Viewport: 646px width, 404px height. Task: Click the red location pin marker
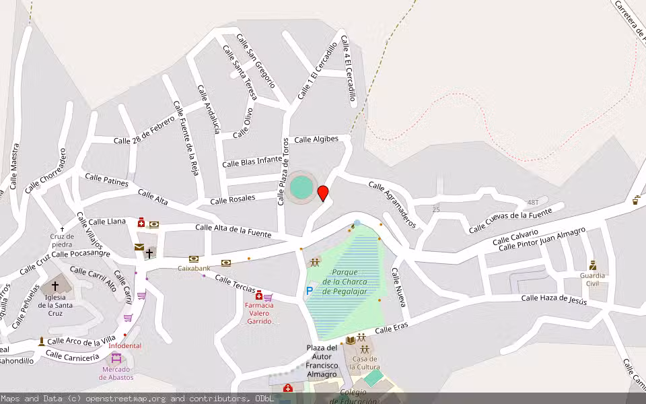click(323, 193)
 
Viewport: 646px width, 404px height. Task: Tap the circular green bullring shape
click(301, 187)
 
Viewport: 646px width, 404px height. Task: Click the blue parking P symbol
click(309, 291)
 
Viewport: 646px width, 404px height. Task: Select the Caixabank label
click(194, 268)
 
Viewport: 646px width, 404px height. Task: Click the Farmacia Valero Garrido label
click(259, 313)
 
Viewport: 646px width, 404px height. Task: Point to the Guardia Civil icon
click(592, 265)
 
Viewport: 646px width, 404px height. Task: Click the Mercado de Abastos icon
click(116, 358)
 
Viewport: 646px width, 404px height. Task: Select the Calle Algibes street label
click(321, 139)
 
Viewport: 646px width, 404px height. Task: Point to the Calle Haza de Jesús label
click(554, 299)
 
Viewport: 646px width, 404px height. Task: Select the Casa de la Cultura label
click(364, 363)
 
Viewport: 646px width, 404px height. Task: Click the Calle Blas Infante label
click(252, 162)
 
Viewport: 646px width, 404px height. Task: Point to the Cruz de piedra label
click(61, 240)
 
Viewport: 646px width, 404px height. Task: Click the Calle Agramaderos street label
click(392, 204)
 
